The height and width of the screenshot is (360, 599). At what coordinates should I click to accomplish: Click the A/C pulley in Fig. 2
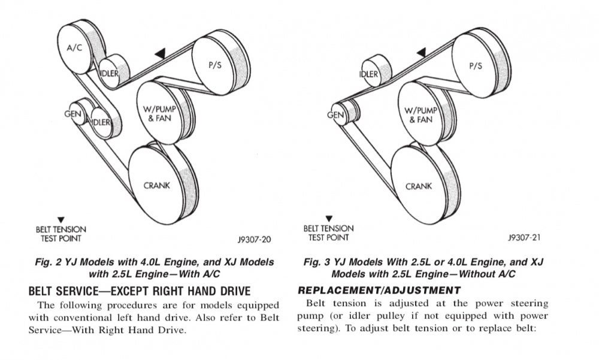coord(75,48)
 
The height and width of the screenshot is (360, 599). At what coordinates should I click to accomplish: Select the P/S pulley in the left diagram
coord(214,65)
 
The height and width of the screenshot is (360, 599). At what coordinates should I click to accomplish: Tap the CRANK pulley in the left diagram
coord(157,185)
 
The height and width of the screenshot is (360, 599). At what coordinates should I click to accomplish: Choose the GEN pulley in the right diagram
coord(337,114)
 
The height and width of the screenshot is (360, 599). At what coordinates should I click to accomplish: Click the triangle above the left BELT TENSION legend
coord(60,220)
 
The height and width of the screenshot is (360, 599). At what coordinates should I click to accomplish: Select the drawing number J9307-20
coord(255,240)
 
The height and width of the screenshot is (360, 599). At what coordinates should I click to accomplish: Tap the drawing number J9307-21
coord(524,237)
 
